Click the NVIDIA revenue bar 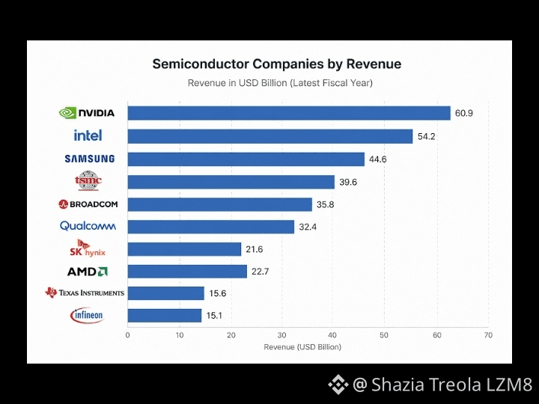click(289, 113)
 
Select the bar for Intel click(269, 136)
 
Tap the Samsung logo click(90, 159)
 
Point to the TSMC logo click(88, 180)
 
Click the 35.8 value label click(325, 205)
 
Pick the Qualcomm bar click(210, 227)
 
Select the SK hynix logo click(88, 248)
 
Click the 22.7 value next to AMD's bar click(260, 272)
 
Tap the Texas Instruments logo click(85, 293)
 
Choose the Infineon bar click(164, 316)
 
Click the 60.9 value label click(463, 114)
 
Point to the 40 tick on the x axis click(332, 335)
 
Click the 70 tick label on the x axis click(488, 335)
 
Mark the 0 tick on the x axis click(127, 335)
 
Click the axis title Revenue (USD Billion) click(302, 347)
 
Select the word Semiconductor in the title click(201, 64)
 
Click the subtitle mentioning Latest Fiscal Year click(280, 83)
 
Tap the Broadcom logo click(88, 204)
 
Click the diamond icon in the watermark click(338, 384)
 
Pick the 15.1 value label click(214, 316)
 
